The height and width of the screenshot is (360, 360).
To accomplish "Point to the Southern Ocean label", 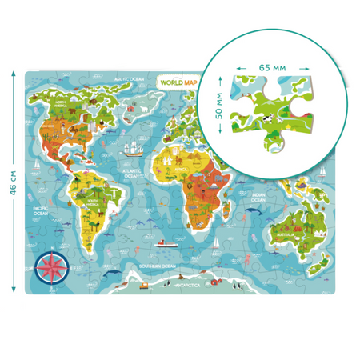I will pos(155,265).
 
